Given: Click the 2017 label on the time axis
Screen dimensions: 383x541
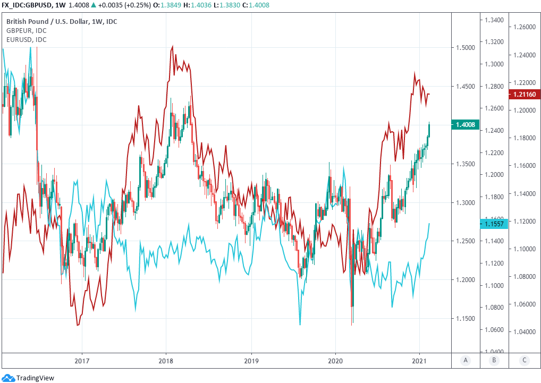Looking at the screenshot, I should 81,360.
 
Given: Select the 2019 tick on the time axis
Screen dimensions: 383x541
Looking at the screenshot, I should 251,360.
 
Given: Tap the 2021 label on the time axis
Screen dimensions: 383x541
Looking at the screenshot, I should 420,360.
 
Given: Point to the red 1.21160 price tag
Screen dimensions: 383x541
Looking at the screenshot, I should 525,95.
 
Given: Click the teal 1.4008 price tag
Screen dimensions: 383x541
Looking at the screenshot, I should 466,125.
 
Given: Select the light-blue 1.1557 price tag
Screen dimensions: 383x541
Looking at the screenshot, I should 494,224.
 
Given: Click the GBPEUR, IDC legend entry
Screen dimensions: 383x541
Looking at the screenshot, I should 26,30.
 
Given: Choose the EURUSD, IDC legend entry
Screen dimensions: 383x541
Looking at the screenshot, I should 26,39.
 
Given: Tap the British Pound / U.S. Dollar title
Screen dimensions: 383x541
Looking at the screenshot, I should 62,21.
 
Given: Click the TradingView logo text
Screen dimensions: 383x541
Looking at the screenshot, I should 35,378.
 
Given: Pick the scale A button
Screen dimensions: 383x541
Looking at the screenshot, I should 466,360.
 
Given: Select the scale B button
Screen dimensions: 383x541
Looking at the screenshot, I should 494,360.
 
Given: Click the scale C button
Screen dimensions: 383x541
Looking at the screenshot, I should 525,360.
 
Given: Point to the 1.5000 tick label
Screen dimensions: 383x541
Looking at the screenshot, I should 466,48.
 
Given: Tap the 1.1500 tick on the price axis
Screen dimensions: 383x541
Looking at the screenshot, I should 466,318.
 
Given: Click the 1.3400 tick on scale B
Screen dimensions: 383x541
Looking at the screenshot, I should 494,20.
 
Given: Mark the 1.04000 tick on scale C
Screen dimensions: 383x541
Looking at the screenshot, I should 525,332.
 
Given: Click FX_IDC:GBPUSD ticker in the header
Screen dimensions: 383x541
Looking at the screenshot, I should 27,5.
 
